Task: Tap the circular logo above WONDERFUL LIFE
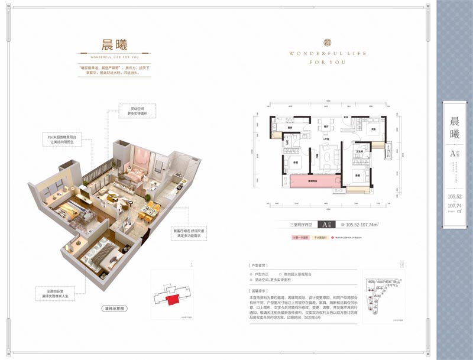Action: (x=328, y=42)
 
